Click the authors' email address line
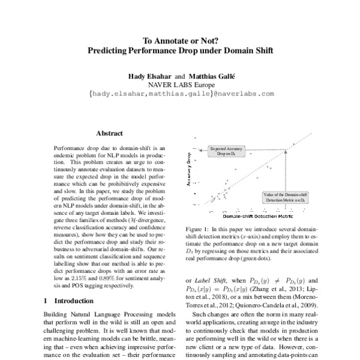[x=181, y=94]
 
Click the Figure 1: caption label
[x=198, y=229]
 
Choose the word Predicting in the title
[x=109, y=51]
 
